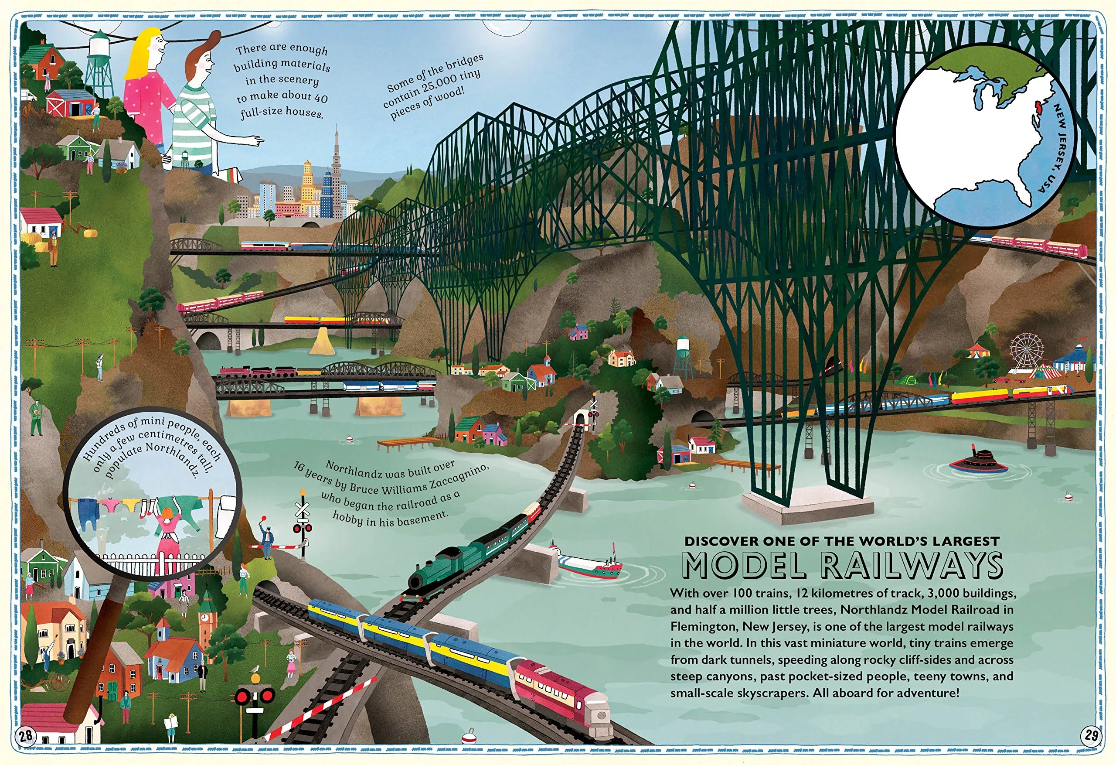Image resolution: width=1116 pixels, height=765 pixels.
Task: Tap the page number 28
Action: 27,735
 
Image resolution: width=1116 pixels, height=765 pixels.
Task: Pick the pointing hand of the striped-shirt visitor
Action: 252,141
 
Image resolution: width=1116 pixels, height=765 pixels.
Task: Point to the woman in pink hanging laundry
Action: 168,529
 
